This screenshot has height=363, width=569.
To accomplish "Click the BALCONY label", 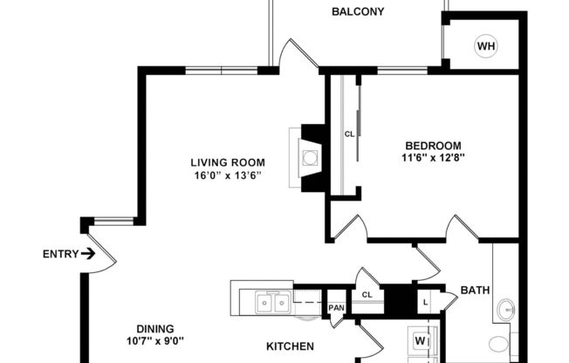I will pyautogui.click(x=358, y=12).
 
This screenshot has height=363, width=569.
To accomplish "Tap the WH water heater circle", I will pyautogui.click(x=485, y=46).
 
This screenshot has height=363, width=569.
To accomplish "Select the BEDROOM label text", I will pyautogui.click(x=432, y=145).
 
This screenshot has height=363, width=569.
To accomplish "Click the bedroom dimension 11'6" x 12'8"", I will pyautogui.click(x=432, y=158).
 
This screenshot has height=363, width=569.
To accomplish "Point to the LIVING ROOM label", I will pyautogui.click(x=228, y=162).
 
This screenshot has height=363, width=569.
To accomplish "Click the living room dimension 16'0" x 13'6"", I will pyautogui.click(x=228, y=175).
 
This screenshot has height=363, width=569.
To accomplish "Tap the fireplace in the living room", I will pyautogui.click(x=310, y=158).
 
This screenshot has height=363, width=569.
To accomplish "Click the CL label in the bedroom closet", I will pyautogui.click(x=349, y=134).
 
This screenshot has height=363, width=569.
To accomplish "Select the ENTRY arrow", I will pyautogui.click(x=88, y=255).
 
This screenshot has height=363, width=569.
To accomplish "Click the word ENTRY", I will pyautogui.click(x=59, y=255).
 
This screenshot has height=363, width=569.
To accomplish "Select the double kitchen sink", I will pyautogui.click(x=273, y=303).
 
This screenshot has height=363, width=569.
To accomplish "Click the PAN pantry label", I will pyautogui.click(x=336, y=308).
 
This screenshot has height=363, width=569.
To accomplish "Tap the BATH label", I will pyautogui.click(x=475, y=291).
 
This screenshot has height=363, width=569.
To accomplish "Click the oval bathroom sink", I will pyautogui.click(x=505, y=309).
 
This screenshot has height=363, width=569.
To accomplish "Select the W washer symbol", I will pyautogui.click(x=421, y=340).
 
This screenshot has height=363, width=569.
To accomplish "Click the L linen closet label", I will pyautogui.click(x=426, y=301).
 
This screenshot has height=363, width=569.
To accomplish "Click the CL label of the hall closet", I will pyautogui.click(x=367, y=294).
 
